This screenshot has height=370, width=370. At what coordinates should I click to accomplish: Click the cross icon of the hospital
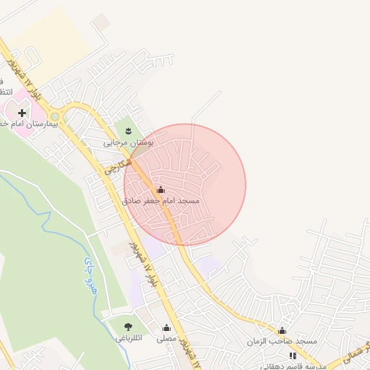pos(22,113)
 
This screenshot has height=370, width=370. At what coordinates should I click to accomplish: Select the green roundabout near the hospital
pos(55,116)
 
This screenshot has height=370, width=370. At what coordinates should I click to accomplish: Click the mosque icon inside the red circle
pos(160,189)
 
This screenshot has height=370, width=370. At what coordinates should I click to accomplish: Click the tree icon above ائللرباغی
pos(129,327)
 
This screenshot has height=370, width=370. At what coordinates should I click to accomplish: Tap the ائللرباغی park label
pos(129,337)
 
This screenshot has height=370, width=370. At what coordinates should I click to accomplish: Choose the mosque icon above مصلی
pos(167,327)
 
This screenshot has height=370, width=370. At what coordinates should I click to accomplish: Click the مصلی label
pos(166,338)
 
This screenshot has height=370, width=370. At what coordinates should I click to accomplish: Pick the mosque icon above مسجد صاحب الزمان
pos(282,330)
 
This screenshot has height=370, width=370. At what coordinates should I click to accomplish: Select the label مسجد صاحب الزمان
pos(283,341)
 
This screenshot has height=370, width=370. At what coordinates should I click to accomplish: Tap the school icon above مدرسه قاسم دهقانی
pos(293,356)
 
